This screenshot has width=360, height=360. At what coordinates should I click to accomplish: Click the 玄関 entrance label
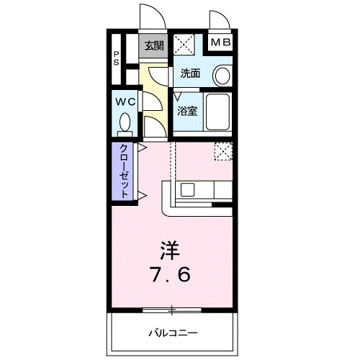153,45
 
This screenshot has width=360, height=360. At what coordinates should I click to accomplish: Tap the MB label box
221,43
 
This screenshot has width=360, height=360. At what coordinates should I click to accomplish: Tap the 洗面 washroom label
191,73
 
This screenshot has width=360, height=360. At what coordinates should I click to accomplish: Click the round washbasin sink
222,75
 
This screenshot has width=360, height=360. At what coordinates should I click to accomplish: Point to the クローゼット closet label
124,172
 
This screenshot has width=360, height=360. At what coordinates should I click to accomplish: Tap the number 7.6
171,274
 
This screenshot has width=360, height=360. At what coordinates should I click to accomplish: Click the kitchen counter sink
187,190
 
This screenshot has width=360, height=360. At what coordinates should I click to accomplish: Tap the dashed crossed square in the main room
224,152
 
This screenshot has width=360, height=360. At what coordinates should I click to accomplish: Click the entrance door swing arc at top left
148,16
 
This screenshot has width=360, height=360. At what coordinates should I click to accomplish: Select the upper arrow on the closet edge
143,148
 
